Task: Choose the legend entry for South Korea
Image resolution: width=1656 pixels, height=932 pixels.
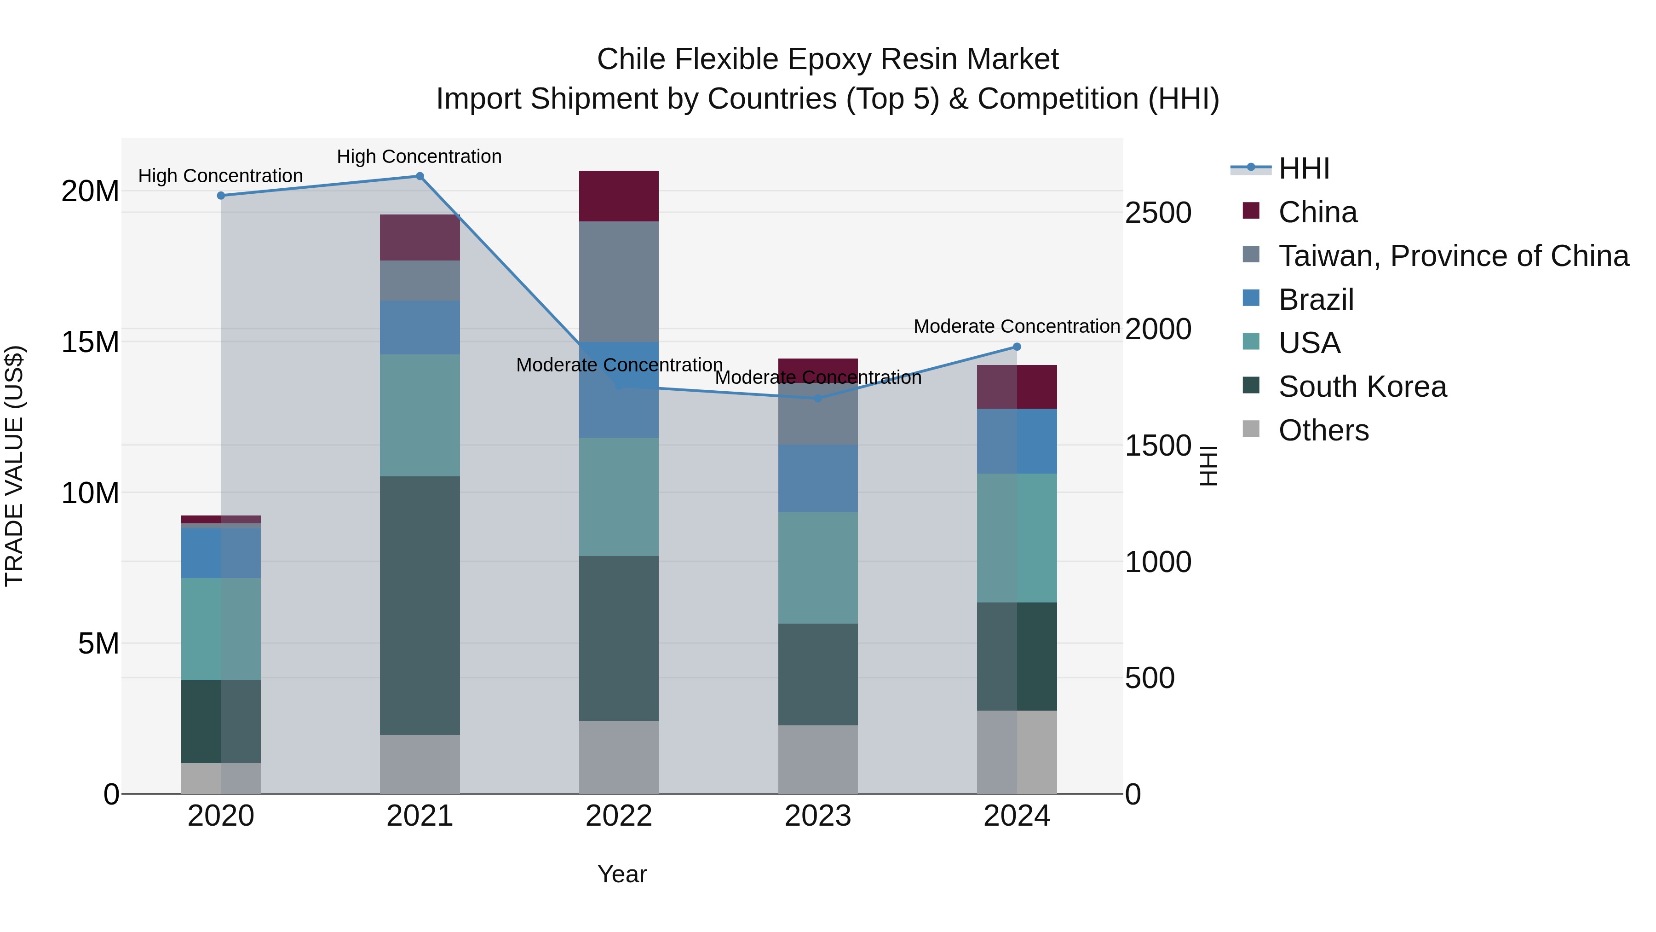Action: (1362, 387)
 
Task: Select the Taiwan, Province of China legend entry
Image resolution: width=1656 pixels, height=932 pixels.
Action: (1453, 256)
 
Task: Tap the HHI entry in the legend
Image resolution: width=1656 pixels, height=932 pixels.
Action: (1303, 168)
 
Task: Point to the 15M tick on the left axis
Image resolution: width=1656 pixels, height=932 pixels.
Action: (90, 342)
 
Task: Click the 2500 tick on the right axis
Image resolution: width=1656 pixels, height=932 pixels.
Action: (1158, 213)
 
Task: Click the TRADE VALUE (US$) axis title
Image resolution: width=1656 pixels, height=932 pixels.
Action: (14, 466)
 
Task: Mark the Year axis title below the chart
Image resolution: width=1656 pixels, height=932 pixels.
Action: (621, 874)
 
